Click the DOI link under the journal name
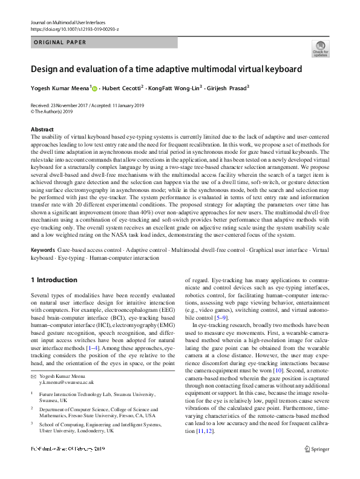point(74,28)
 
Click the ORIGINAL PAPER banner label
point(59,43)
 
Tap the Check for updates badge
point(320,48)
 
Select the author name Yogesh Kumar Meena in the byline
point(59,88)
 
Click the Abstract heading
point(42,130)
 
